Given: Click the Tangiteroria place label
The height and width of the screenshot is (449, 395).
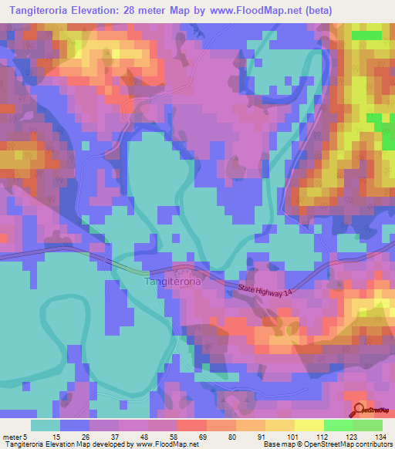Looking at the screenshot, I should click(174, 282).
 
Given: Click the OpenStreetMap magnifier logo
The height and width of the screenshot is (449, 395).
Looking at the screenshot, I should click(359, 410).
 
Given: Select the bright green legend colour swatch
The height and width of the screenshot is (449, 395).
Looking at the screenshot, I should click(338, 424).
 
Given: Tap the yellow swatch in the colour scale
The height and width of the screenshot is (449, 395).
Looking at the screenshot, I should click(309, 424).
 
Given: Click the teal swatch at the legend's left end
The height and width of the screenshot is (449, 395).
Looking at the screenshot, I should click(46, 424).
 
